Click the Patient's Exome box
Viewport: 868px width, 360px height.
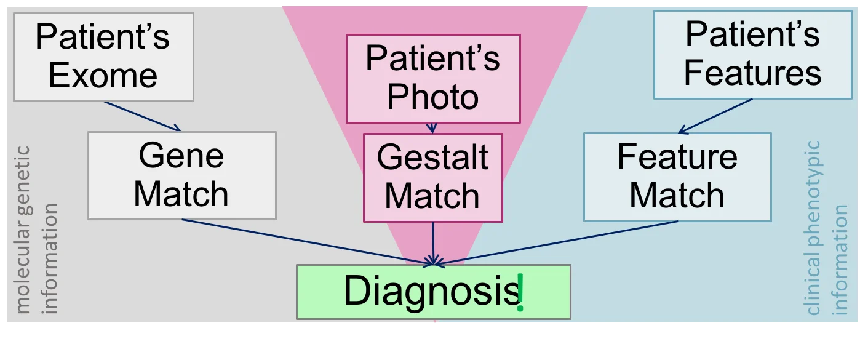pyautogui.click(x=103, y=57)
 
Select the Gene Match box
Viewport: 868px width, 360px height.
pyautogui.click(x=181, y=175)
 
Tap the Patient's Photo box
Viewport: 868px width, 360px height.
pyautogui.click(x=433, y=78)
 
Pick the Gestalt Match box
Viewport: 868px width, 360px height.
pyautogui.click(x=432, y=178)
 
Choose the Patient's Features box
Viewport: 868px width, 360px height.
pyautogui.click(x=752, y=55)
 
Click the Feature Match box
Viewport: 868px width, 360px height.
pyautogui.click(x=677, y=177)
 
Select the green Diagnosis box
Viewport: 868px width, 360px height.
pyautogui.click(x=433, y=292)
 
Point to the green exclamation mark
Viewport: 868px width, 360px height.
pyautogui.click(x=520, y=293)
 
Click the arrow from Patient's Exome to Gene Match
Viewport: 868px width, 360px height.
pyautogui.click(x=143, y=116)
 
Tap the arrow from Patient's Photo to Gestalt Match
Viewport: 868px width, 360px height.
pyautogui.click(x=432, y=128)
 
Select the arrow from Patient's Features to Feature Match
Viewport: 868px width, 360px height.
pyautogui.click(x=715, y=116)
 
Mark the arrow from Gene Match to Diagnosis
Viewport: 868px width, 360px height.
pyautogui.click(x=308, y=242)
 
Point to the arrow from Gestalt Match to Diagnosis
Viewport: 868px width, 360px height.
pyautogui.click(x=434, y=243)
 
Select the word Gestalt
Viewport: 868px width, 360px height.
pyautogui.click(x=432, y=158)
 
